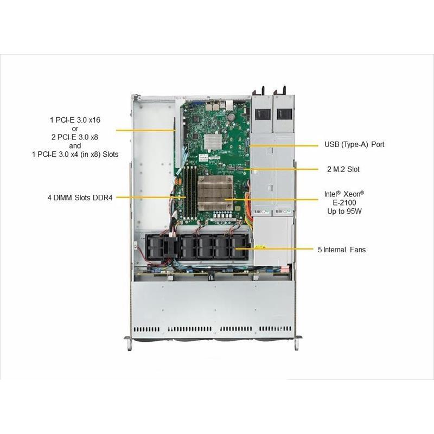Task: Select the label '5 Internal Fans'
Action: (x=341, y=250)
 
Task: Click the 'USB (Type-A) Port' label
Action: (x=354, y=144)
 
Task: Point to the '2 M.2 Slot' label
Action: (x=343, y=169)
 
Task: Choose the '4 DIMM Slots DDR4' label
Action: (x=80, y=197)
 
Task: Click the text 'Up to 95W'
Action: (x=344, y=211)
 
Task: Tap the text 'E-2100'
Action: (x=344, y=202)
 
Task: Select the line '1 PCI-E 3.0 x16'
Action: (x=75, y=119)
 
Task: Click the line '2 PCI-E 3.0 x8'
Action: (x=75, y=137)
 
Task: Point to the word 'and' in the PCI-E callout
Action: (x=75, y=145)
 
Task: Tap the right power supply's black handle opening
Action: (x=284, y=114)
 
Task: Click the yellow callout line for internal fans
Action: (x=282, y=250)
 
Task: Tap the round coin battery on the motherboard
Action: (x=233, y=114)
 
